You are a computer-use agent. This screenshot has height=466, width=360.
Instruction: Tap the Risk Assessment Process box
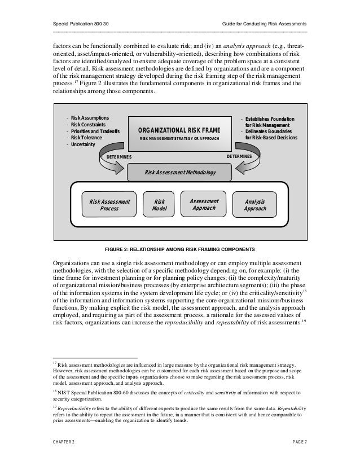tap(109, 204)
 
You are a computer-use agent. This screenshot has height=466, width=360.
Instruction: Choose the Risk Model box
tap(160, 204)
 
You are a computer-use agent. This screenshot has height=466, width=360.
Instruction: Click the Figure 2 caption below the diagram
tap(179, 249)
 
